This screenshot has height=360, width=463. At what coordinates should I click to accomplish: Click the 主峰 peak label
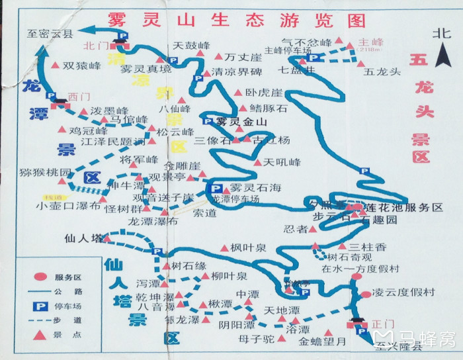[367, 42]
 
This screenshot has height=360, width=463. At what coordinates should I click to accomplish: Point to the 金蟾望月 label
[322, 342]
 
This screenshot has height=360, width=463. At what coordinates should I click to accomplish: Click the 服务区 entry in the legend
[68, 277]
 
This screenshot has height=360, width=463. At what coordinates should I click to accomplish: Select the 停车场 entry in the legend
[68, 306]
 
